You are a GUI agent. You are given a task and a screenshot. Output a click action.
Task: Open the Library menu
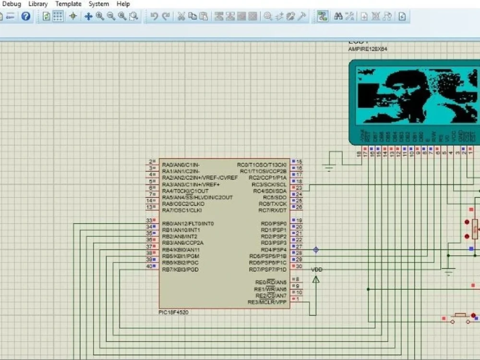click(x=38, y=4)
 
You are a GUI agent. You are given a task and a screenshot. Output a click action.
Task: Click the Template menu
click(x=68, y=4)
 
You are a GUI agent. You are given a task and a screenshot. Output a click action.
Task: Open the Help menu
click(x=123, y=4)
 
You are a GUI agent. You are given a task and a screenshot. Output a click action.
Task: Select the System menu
click(x=98, y=4)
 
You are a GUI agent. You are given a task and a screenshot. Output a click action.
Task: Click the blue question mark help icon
click(x=26, y=16)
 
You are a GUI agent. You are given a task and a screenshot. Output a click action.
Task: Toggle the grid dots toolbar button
click(x=58, y=16)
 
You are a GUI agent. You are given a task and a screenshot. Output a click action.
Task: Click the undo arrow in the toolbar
click(x=154, y=16)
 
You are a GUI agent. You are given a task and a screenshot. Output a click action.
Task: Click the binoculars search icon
click(x=338, y=16)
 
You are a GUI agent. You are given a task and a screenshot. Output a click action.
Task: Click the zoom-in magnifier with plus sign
click(x=100, y=16)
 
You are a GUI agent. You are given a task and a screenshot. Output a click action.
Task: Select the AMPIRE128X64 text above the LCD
click(x=368, y=49)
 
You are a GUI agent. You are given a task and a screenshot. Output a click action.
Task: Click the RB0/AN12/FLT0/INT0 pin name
click(x=188, y=224)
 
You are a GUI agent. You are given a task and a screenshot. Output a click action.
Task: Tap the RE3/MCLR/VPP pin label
click(x=267, y=302)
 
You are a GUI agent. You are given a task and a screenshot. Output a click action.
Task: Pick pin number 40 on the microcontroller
click(x=149, y=266)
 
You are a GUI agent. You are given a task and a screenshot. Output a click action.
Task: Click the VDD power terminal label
click(x=317, y=270)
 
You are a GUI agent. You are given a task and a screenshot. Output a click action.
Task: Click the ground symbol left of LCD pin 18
click(x=329, y=167)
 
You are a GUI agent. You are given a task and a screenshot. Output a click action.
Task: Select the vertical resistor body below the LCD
click(x=475, y=229)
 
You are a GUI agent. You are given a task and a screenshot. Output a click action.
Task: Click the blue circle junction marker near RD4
click(x=316, y=250)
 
